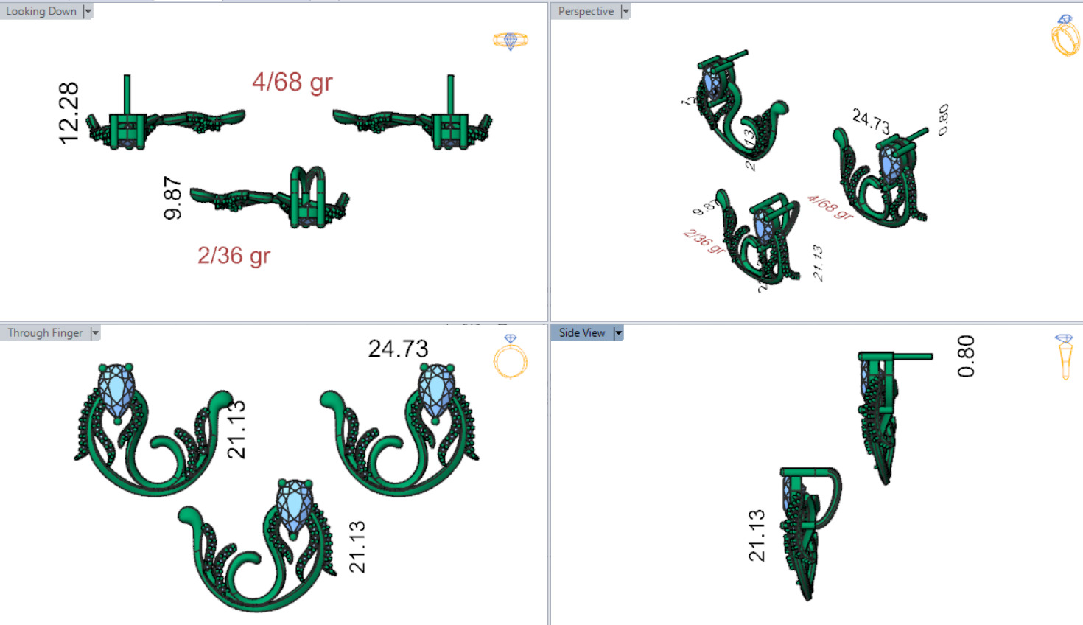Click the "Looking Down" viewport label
tap(41, 11)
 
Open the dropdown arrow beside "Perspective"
tap(625, 11)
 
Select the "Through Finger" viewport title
tap(45, 333)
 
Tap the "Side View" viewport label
tap(581, 333)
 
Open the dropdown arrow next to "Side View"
tap(618, 333)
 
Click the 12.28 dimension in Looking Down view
tap(69, 113)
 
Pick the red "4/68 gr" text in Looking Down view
tap(292, 82)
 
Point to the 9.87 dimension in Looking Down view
tap(173, 198)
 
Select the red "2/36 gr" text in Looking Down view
tap(234, 256)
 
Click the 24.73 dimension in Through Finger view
tap(398, 349)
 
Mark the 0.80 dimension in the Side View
tap(966, 356)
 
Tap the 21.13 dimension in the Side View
tap(757, 535)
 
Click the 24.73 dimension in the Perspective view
tap(871, 121)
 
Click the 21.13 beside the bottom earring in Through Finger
tap(357, 546)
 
